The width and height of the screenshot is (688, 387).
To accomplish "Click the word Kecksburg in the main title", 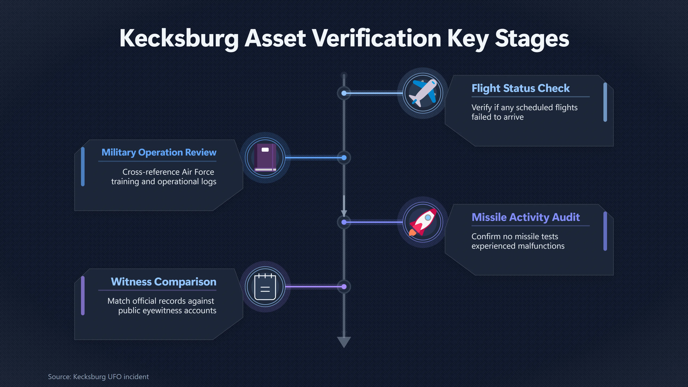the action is [x=179, y=39].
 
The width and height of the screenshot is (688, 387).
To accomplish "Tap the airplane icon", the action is [x=423, y=93].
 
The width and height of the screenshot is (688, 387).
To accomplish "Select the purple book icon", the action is [x=265, y=158].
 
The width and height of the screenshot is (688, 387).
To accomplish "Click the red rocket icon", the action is [x=423, y=222].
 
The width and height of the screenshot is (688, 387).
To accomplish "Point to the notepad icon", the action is [x=265, y=287].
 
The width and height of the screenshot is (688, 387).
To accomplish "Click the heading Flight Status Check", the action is [x=520, y=88].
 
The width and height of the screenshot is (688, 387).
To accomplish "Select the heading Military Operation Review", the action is [x=159, y=152].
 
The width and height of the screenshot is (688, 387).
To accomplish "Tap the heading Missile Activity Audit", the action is [x=526, y=217].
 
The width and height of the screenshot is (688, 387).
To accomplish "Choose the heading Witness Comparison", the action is [x=163, y=282].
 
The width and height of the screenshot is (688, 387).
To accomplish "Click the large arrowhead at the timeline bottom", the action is [x=344, y=342].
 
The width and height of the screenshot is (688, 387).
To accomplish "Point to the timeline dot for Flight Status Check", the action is [x=344, y=93].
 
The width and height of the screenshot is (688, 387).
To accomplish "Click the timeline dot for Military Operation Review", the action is [x=344, y=158].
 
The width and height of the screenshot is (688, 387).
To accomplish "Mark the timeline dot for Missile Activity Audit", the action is [x=344, y=222].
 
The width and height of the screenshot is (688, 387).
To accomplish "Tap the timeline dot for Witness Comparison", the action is [x=344, y=287].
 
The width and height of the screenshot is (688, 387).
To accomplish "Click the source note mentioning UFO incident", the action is [x=98, y=377].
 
